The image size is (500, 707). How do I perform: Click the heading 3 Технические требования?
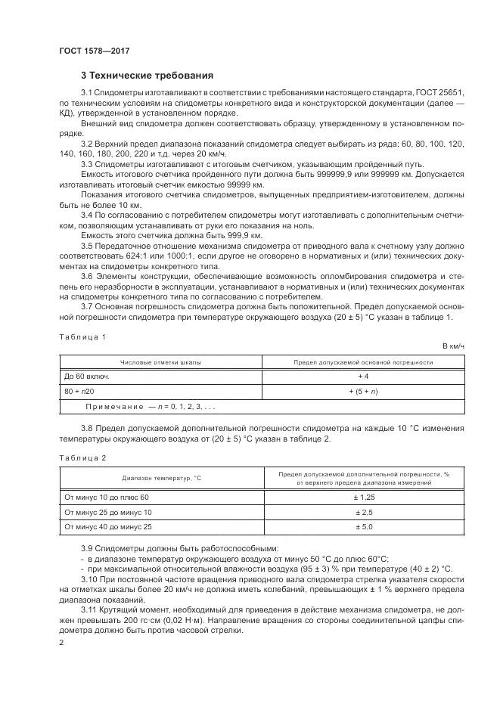pos(147,76)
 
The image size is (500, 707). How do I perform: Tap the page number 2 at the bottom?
pos(61,642)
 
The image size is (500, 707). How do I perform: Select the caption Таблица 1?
pos(82,336)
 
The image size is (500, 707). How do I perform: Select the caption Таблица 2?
pos(82,457)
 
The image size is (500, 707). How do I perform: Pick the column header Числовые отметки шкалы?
pos(160,362)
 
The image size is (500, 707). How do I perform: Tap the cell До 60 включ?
pos(88,376)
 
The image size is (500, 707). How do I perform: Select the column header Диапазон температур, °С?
pos(160,478)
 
